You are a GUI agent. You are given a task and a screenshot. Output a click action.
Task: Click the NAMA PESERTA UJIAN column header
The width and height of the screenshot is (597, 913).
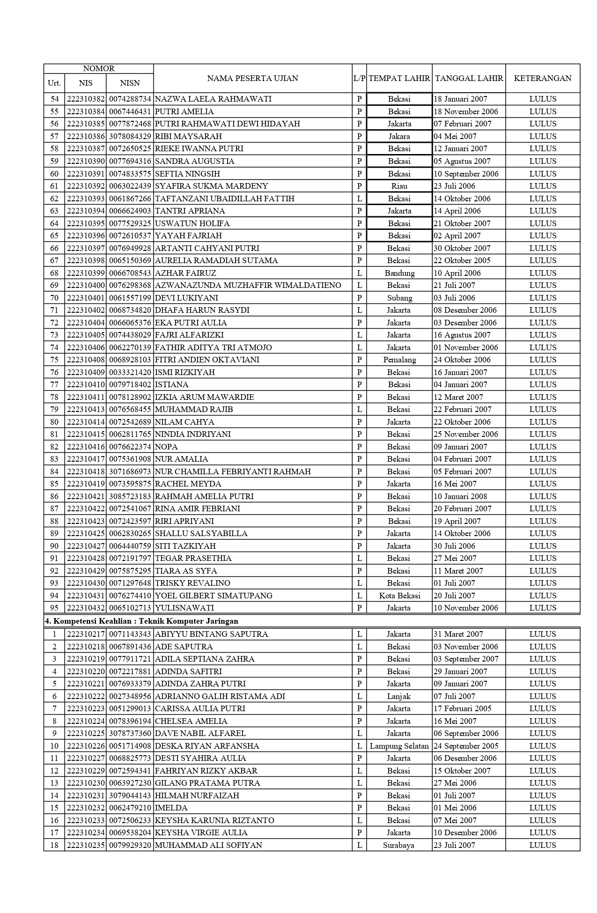pos(252,78)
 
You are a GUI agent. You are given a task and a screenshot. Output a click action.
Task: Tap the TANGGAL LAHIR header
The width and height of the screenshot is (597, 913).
pos(469,78)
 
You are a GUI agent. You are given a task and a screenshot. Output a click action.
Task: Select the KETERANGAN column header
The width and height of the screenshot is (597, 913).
pos(542,78)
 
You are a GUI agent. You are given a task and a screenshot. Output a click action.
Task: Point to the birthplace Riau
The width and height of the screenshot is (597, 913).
pos(399,186)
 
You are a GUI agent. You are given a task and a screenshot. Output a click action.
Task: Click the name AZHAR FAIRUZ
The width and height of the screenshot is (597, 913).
pos(185,273)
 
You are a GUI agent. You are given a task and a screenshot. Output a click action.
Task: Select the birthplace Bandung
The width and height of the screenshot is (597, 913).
pos(399,273)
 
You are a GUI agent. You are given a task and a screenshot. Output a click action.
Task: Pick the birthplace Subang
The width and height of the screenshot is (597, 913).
pos(399,298)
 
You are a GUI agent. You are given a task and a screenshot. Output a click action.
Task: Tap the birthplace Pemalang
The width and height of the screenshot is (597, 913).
pos(399,360)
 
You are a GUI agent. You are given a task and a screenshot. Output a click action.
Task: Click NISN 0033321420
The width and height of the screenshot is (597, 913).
pos(130,372)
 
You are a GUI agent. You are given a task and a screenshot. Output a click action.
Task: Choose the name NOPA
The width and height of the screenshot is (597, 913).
pos(166,447)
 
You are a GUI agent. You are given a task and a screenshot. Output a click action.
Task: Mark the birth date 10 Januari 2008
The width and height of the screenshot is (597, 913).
pos(460,496)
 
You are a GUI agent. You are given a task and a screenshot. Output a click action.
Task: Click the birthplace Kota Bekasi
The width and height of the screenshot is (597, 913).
pos(399,596)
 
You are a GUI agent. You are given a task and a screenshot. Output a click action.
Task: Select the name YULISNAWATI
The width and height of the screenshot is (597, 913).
pos(184,608)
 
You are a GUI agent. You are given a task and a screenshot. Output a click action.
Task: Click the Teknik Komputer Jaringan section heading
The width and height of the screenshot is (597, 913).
pos(145,621)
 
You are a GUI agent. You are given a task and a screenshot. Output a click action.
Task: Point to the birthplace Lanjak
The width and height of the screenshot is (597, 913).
pos(398,696)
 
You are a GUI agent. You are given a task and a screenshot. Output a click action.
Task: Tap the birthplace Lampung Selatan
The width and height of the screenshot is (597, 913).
pos(399,746)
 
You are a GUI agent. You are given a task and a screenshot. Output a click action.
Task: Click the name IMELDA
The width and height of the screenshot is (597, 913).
pos(171,808)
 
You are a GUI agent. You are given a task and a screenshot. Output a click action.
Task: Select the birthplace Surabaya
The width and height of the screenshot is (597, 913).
pos(398,845)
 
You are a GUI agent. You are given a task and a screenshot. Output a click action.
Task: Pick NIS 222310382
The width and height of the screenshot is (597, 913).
pos(85,99)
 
